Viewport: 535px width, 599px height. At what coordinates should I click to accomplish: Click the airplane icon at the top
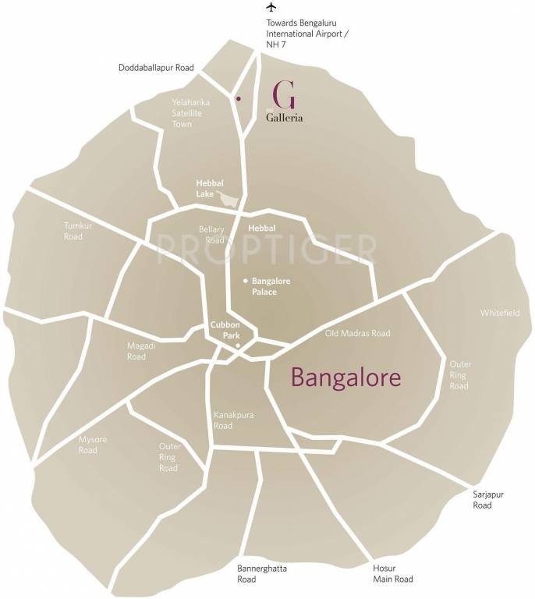[271, 7]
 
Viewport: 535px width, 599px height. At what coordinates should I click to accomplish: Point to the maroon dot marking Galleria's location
[238, 99]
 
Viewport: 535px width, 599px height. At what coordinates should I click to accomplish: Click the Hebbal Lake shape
[229, 199]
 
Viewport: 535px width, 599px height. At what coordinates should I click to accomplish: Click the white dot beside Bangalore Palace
[245, 281]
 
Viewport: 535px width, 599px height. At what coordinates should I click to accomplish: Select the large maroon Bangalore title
[346, 377]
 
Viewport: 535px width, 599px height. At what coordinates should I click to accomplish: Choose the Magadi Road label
[136, 351]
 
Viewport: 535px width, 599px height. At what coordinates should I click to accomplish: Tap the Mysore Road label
[87, 445]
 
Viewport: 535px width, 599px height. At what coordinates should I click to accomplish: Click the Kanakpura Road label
[234, 421]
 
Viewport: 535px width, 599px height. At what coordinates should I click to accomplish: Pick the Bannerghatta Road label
[262, 574]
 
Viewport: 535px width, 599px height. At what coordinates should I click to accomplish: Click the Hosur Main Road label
[392, 574]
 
